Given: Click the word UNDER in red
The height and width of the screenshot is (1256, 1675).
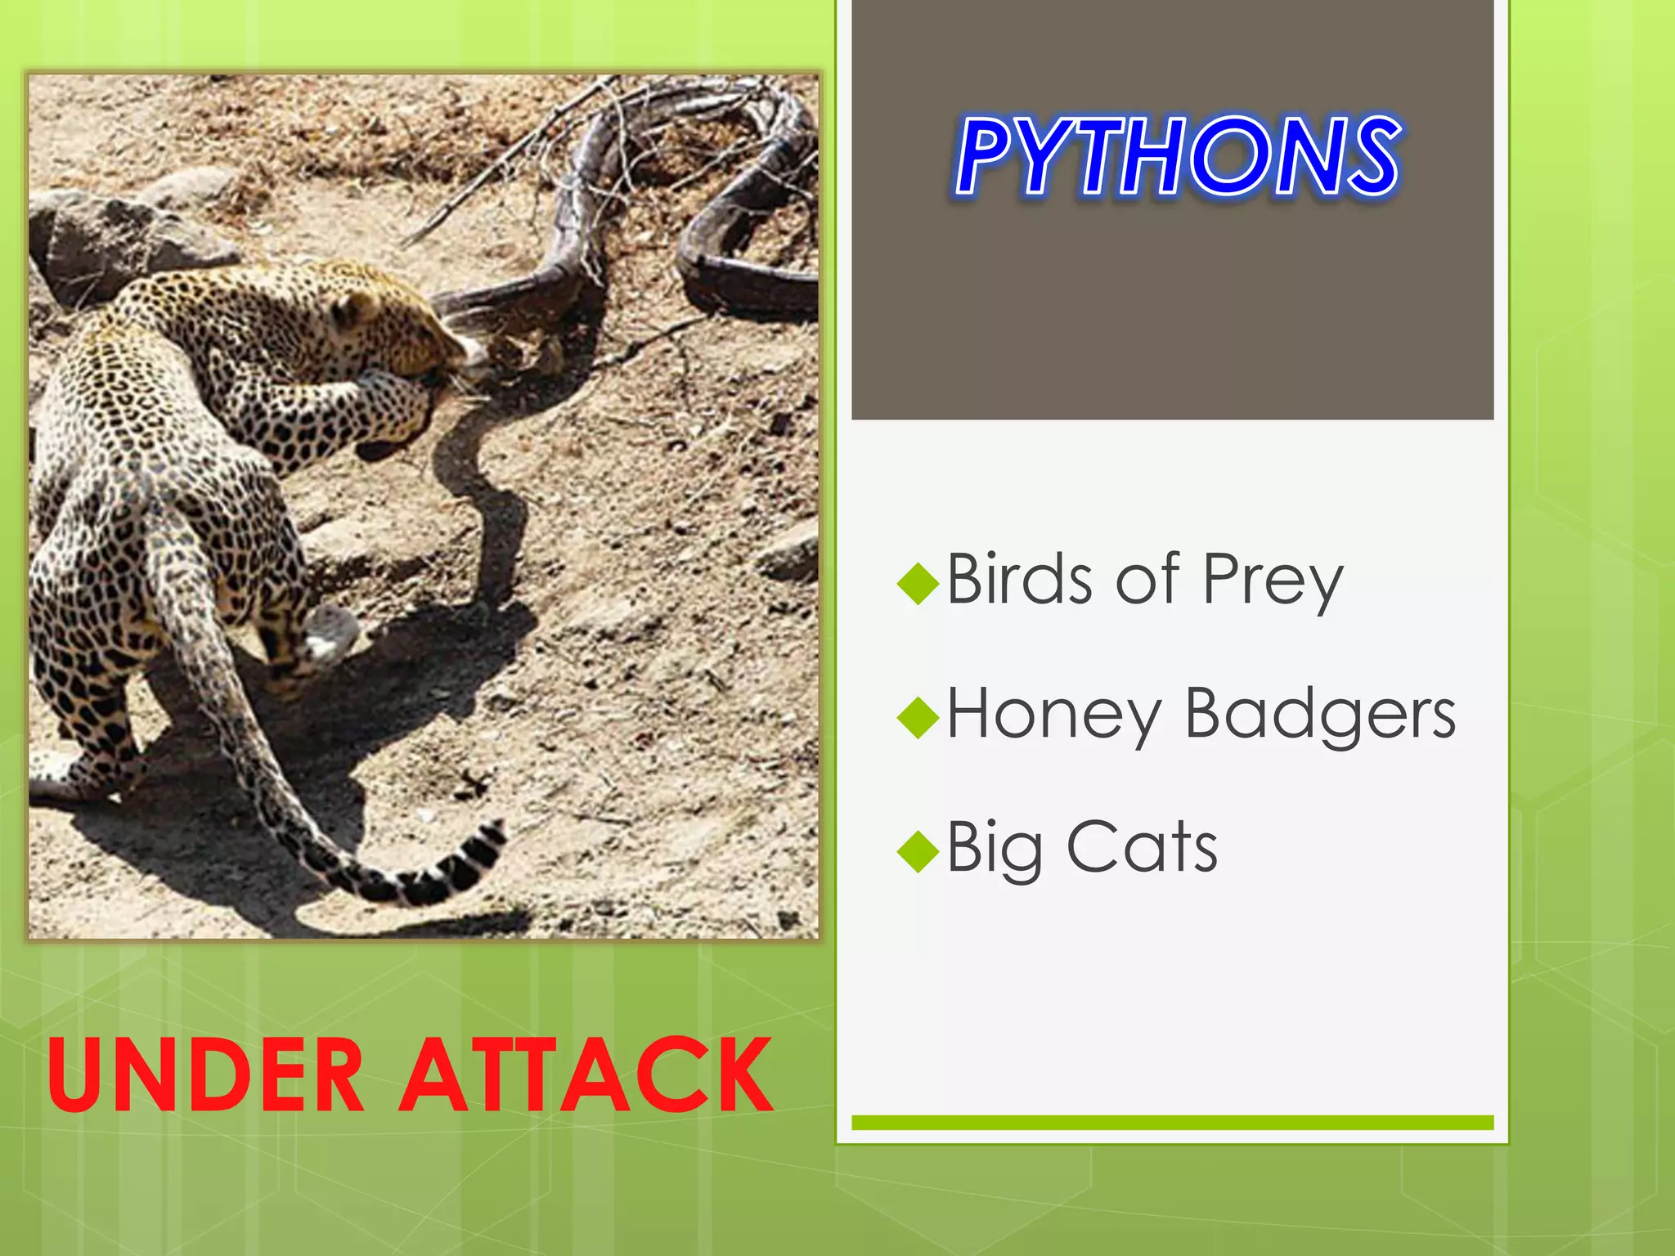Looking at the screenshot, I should click(x=204, y=1074).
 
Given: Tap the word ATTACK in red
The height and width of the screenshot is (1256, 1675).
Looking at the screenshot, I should click(x=586, y=1074).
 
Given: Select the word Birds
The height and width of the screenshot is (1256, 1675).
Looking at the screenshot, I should click(x=1018, y=579).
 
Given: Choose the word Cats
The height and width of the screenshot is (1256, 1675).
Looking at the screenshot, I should click(x=1142, y=847).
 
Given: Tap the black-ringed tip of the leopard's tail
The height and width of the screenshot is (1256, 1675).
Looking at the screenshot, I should click(x=458, y=867).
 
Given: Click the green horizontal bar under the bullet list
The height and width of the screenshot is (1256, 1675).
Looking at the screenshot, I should click(x=1172, y=1123).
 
